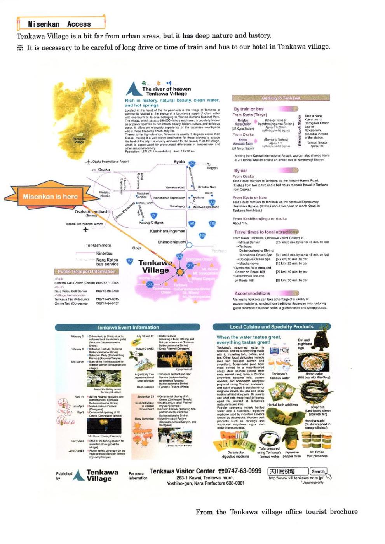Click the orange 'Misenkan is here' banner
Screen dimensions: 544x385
51,196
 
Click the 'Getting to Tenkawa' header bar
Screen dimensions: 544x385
281,98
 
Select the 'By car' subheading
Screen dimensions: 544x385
241,170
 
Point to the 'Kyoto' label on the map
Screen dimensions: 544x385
179,162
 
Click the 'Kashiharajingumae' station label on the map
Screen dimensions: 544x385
167,231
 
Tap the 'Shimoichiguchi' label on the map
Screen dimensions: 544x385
172,242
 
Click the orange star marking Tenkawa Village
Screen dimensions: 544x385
180,272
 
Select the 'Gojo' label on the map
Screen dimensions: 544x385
137,248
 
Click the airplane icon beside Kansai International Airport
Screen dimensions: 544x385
85,229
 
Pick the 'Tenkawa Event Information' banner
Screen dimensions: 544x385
128,327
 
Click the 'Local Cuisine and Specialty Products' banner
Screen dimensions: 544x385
271,327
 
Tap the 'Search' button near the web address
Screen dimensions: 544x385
318,471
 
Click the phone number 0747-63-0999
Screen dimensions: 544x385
243,471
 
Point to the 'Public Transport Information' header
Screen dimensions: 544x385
87,272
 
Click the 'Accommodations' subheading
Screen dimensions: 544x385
252,293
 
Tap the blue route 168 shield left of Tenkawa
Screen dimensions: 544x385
130,261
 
